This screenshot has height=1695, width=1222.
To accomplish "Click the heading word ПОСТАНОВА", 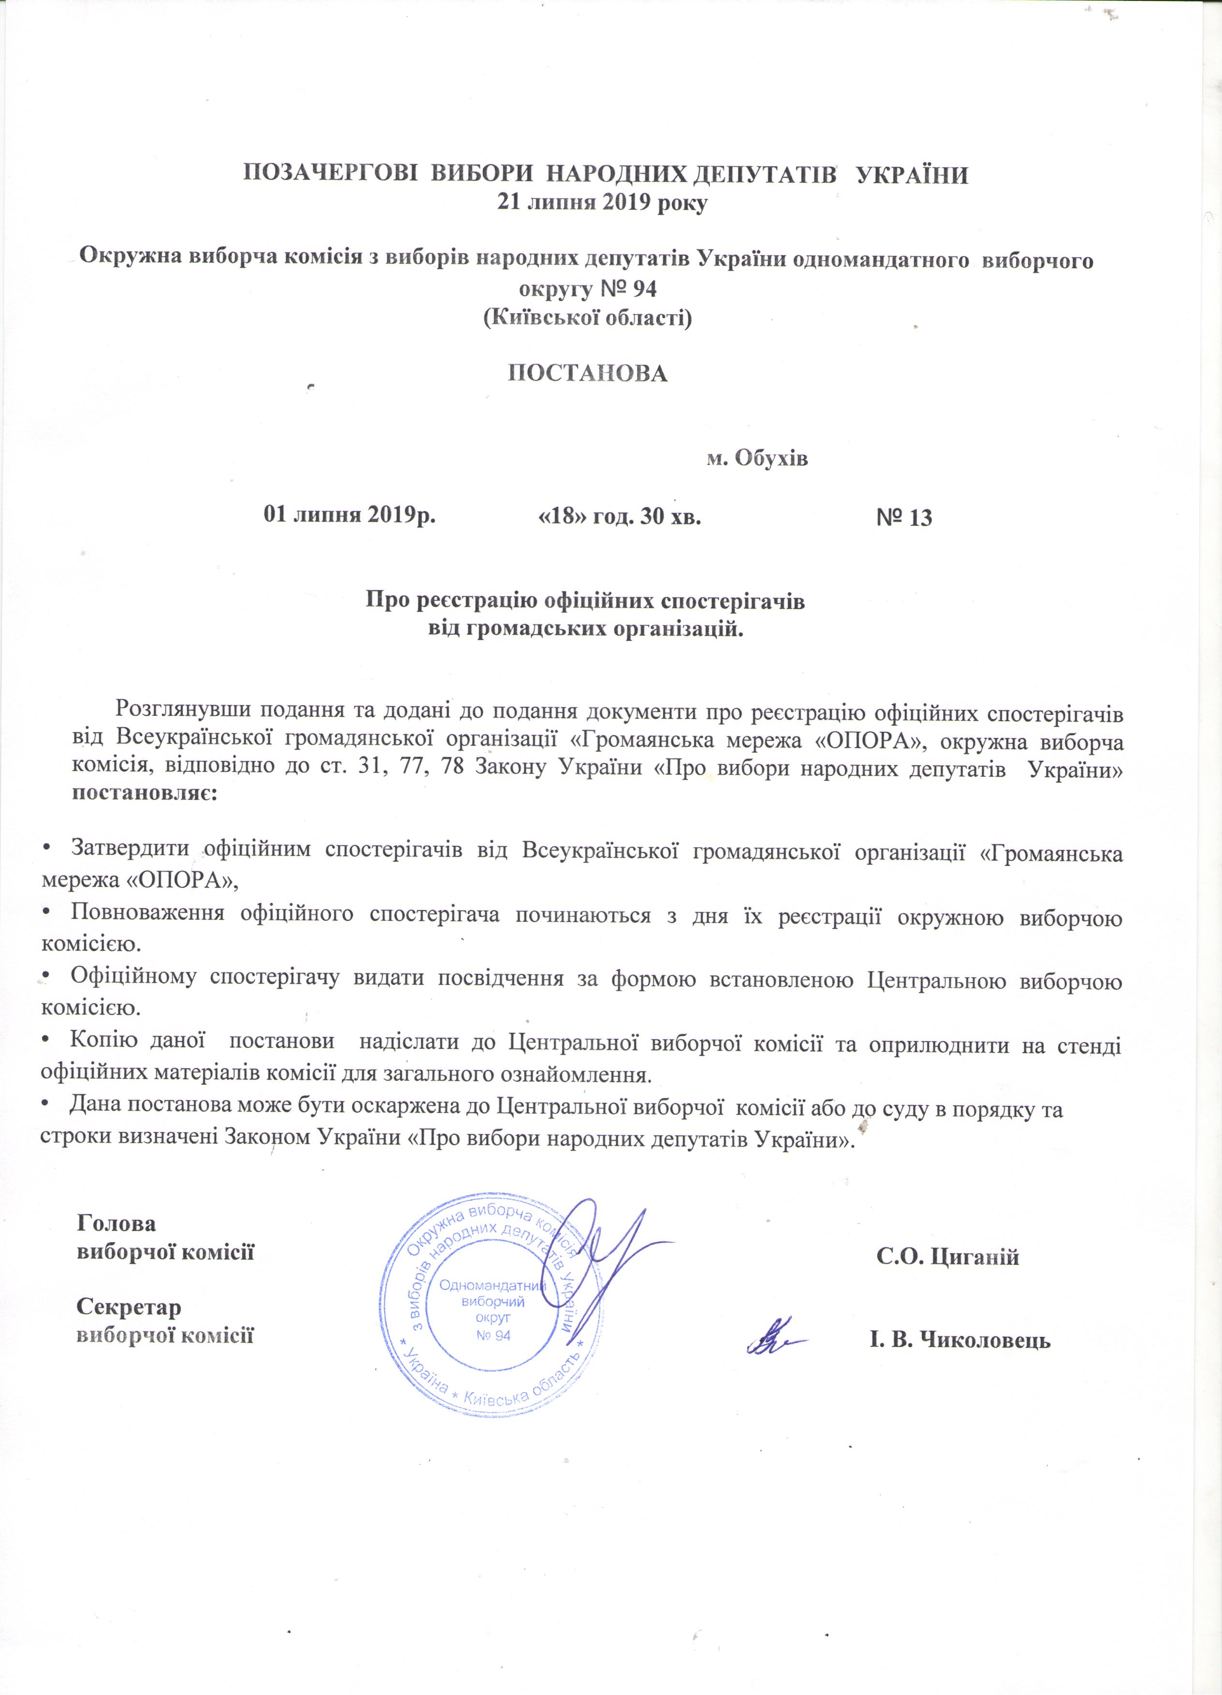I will [x=587, y=374].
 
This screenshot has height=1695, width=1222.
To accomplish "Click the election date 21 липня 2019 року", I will [x=602, y=203].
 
